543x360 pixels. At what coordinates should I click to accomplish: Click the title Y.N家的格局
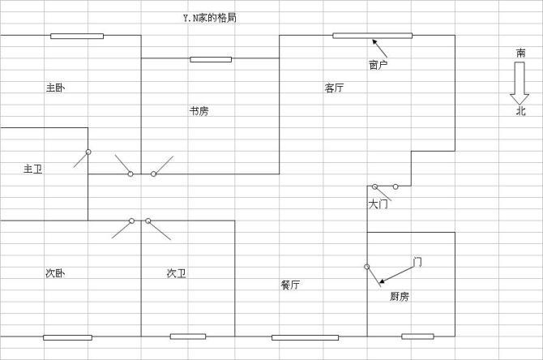pyautogui.click(x=210, y=17)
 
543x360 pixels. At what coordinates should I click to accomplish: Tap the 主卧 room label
pyautogui.click(x=55, y=88)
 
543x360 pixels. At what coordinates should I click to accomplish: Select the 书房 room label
pyautogui.click(x=199, y=111)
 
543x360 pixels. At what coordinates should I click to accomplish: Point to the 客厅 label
pyautogui.click(x=334, y=88)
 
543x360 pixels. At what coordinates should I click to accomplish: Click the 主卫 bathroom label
pyautogui.click(x=32, y=169)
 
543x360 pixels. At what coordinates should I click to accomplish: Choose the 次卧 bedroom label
pyautogui.click(x=55, y=272)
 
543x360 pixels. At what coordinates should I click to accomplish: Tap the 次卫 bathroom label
pyautogui.click(x=176, y=273)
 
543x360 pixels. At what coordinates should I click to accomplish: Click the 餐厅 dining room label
pyautogui.click(x=290, y=285)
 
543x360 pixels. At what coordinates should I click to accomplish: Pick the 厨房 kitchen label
pyautogui.click(x=400, y=297)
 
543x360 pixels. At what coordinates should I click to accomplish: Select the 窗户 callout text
pyautogui.click(x=378, y=65)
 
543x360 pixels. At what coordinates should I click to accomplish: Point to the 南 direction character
pyautogui.click(x=520, y=54)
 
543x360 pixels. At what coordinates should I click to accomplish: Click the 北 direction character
pyautogui.click(x=520, y=111)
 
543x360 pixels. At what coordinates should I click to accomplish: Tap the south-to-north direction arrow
pyautogui.click(x=519, y=83)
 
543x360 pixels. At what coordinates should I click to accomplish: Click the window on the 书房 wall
pyautogui.click(x=211, y=58)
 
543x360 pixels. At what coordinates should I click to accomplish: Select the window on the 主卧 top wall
pyautogui.click(x=77, y=36)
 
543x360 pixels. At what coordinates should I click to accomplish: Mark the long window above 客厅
pyautogui.click(x=372, y=36)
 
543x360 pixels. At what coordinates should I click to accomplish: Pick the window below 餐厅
pyautogui.click(x=305, y=337)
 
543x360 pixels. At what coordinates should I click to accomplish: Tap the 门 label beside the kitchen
pyautogui.click(x=417, y=261)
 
